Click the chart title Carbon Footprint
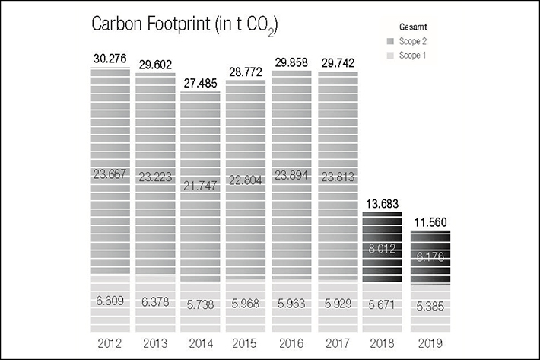coord(183,25)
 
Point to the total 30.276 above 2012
coord(110,59)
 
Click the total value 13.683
coord(383,204)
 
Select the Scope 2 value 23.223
coord(155,176)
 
